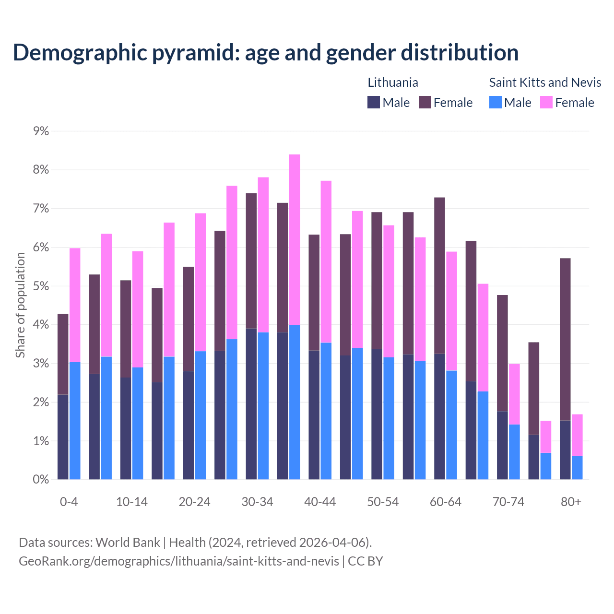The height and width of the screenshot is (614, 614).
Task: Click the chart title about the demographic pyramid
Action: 265,53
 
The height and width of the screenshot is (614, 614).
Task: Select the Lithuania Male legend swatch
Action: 374,102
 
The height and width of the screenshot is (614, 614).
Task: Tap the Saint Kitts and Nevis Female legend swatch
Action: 546,102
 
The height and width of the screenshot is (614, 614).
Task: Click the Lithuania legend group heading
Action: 393,83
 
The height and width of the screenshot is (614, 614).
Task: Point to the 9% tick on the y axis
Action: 41,131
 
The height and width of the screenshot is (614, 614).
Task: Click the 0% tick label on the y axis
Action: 41,479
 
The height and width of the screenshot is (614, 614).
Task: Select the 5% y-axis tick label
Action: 41,286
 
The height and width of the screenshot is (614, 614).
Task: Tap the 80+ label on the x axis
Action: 571,502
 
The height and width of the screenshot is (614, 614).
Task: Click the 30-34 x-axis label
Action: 257,502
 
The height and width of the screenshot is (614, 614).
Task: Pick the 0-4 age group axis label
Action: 69,502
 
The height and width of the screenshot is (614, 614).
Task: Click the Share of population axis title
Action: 20,305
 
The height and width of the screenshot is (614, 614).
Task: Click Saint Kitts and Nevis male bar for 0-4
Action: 75,421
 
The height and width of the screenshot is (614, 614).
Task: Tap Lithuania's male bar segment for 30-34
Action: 251,404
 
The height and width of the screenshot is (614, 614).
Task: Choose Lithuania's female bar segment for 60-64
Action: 439,275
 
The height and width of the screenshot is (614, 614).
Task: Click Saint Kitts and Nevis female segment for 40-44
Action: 326,261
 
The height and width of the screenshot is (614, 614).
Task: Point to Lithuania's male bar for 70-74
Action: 502,445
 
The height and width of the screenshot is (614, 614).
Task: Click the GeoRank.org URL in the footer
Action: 178,561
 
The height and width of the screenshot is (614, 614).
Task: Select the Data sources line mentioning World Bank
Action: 195,542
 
